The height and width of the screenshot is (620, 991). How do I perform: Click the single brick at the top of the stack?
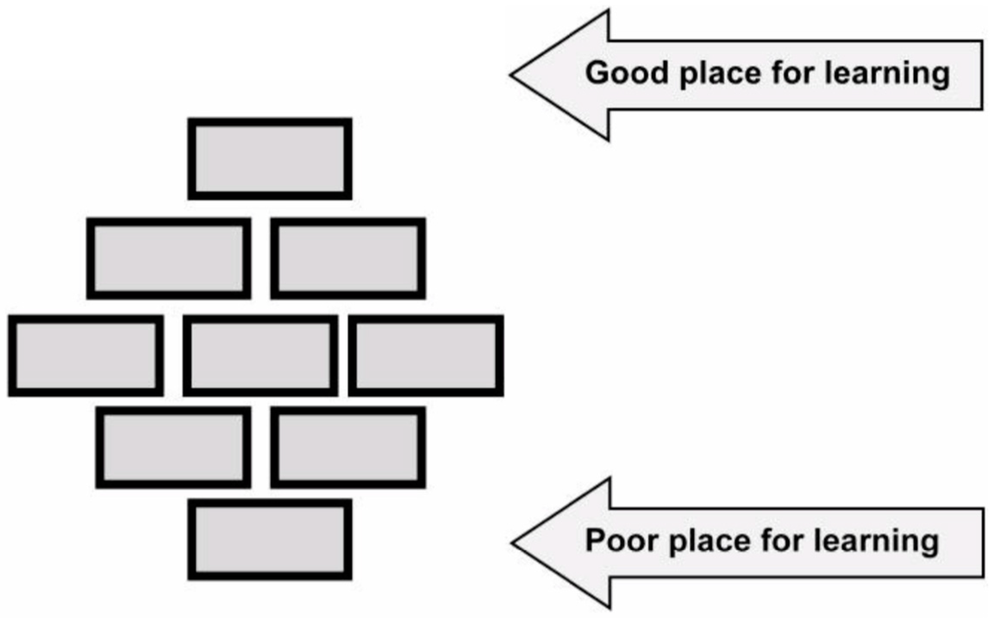[x=270, y=159]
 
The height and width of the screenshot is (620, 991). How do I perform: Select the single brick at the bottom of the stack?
[x=270, y=539]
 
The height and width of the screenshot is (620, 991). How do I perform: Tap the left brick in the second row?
[x=169, y=258]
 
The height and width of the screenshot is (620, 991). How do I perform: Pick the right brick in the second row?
[x=348, y=258]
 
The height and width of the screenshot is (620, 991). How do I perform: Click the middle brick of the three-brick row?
[x=260, y=356]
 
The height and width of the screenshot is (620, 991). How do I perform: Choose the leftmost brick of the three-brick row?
[x=86, y=356]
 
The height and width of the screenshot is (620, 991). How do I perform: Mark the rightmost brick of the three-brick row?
[x=426, y=356]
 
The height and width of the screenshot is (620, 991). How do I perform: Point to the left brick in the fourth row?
[x=173, y=447]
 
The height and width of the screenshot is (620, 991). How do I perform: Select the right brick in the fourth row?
[x=348, y=447]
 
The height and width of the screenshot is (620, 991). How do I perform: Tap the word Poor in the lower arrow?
[x=621, y=540]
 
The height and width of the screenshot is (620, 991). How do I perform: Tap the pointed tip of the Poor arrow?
[x=514, y=542]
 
